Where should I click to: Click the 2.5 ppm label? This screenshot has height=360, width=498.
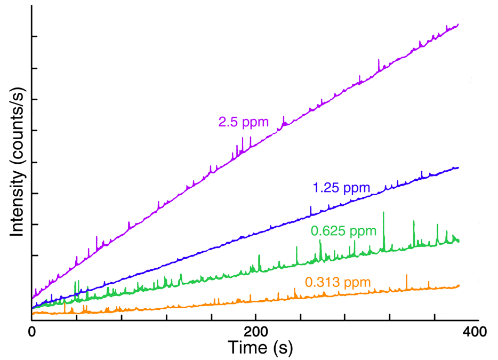243,122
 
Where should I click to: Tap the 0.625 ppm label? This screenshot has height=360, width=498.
343,231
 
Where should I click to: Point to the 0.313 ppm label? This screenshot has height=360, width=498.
338,282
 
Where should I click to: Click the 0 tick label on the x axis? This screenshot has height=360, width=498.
32,332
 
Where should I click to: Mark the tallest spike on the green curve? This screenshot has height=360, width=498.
383,213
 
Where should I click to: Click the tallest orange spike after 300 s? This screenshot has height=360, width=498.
407,275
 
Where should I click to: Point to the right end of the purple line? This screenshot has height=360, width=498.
459,25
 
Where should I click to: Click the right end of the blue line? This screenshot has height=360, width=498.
459,167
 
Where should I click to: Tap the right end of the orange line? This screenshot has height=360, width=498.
459,286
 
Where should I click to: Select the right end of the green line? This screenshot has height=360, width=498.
459,241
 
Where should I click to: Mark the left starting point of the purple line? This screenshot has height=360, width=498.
33,298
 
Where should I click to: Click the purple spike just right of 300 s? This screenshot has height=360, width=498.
379,60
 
